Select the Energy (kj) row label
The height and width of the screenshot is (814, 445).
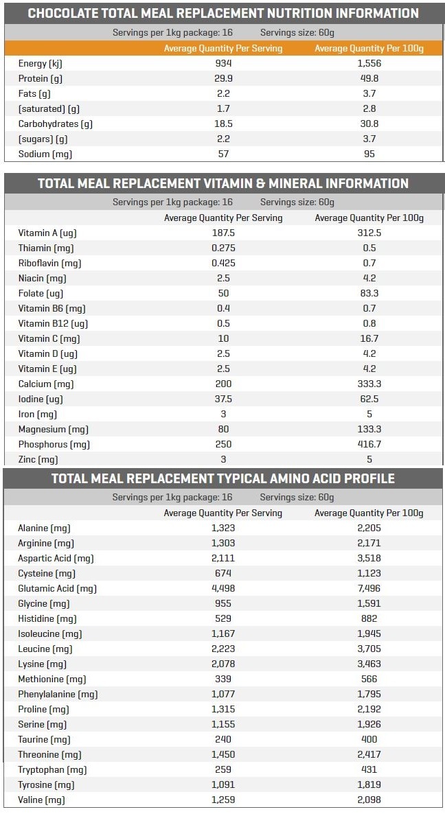tap(40, 64)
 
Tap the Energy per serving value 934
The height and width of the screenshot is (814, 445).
tap(223, 63)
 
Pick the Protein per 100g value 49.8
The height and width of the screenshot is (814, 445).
tap(369, 78)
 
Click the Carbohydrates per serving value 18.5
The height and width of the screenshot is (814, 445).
tap(223, 124)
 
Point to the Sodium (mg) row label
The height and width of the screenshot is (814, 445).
tap(45, 154)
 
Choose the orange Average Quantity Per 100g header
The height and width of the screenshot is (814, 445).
tap(369, 48)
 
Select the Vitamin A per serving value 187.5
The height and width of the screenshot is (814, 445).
tap(223, 233)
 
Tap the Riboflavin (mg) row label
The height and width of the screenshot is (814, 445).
tap(50, 263)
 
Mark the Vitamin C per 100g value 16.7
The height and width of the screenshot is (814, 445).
tap(369, 338)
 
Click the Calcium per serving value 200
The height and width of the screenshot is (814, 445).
tap(223, 384)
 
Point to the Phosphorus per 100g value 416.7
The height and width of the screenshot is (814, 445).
tap(369, 444)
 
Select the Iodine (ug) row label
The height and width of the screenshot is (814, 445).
tap(41, 399)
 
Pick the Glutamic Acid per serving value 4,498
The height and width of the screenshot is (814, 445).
tap(223, 588)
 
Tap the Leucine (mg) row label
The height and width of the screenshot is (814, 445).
tap(45, 649)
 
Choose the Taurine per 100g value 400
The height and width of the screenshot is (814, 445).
tap(369, 739)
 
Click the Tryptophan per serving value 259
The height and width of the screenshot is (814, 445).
tap(223, 769)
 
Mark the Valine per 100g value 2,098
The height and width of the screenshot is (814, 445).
tap(369, 800)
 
